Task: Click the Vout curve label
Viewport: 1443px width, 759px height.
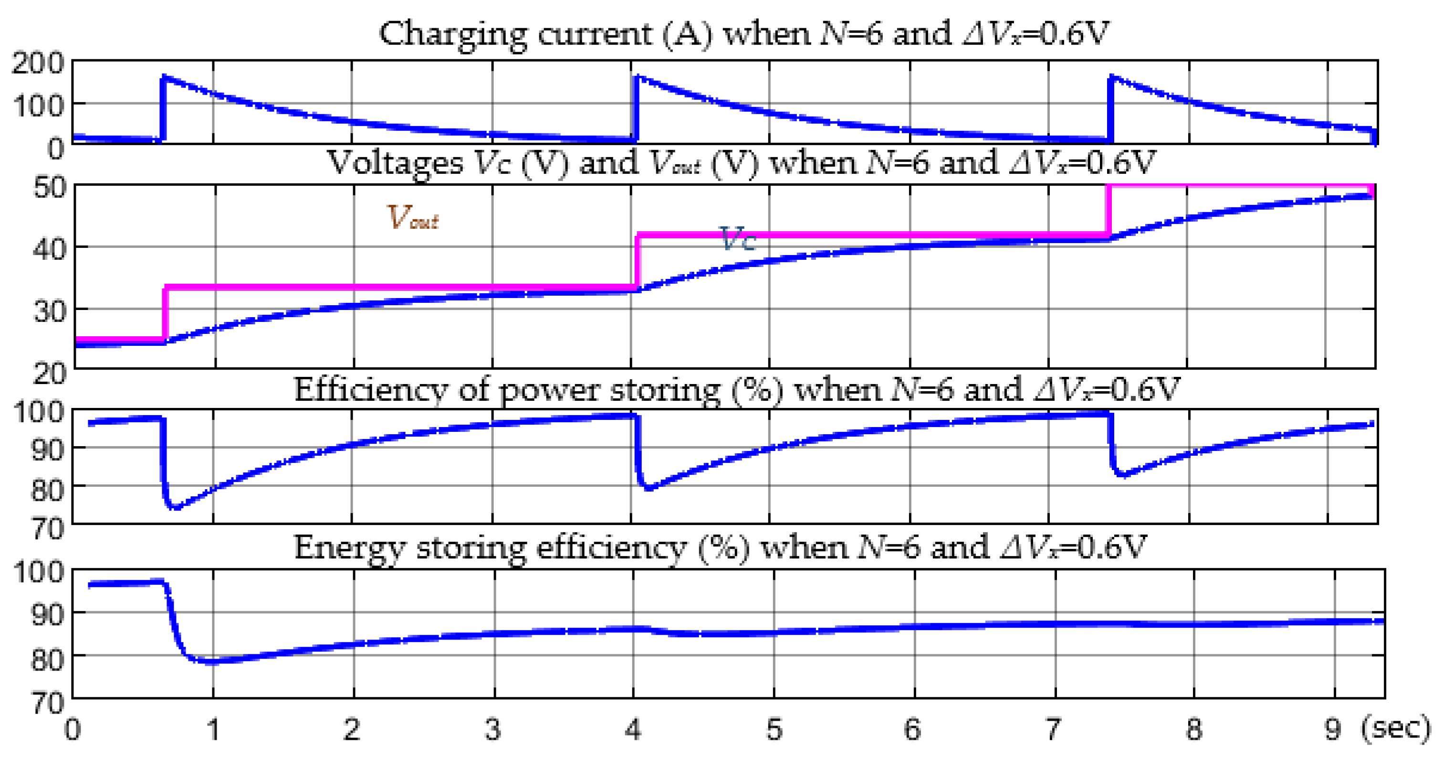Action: point(412,217)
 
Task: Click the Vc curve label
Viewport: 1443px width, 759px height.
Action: point(738,239)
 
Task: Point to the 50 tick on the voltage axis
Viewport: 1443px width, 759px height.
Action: point(49,187)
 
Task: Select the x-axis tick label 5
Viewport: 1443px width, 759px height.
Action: point(774,729)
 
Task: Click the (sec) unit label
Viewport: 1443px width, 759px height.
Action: point(1396,728)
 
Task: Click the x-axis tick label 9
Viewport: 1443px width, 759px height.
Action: point(1333,729)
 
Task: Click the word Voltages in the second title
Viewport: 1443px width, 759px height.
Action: point(395,163)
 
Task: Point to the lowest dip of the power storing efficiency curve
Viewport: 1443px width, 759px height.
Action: point(175,507)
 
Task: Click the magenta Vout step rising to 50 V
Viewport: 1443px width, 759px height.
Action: point(1108,210)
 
